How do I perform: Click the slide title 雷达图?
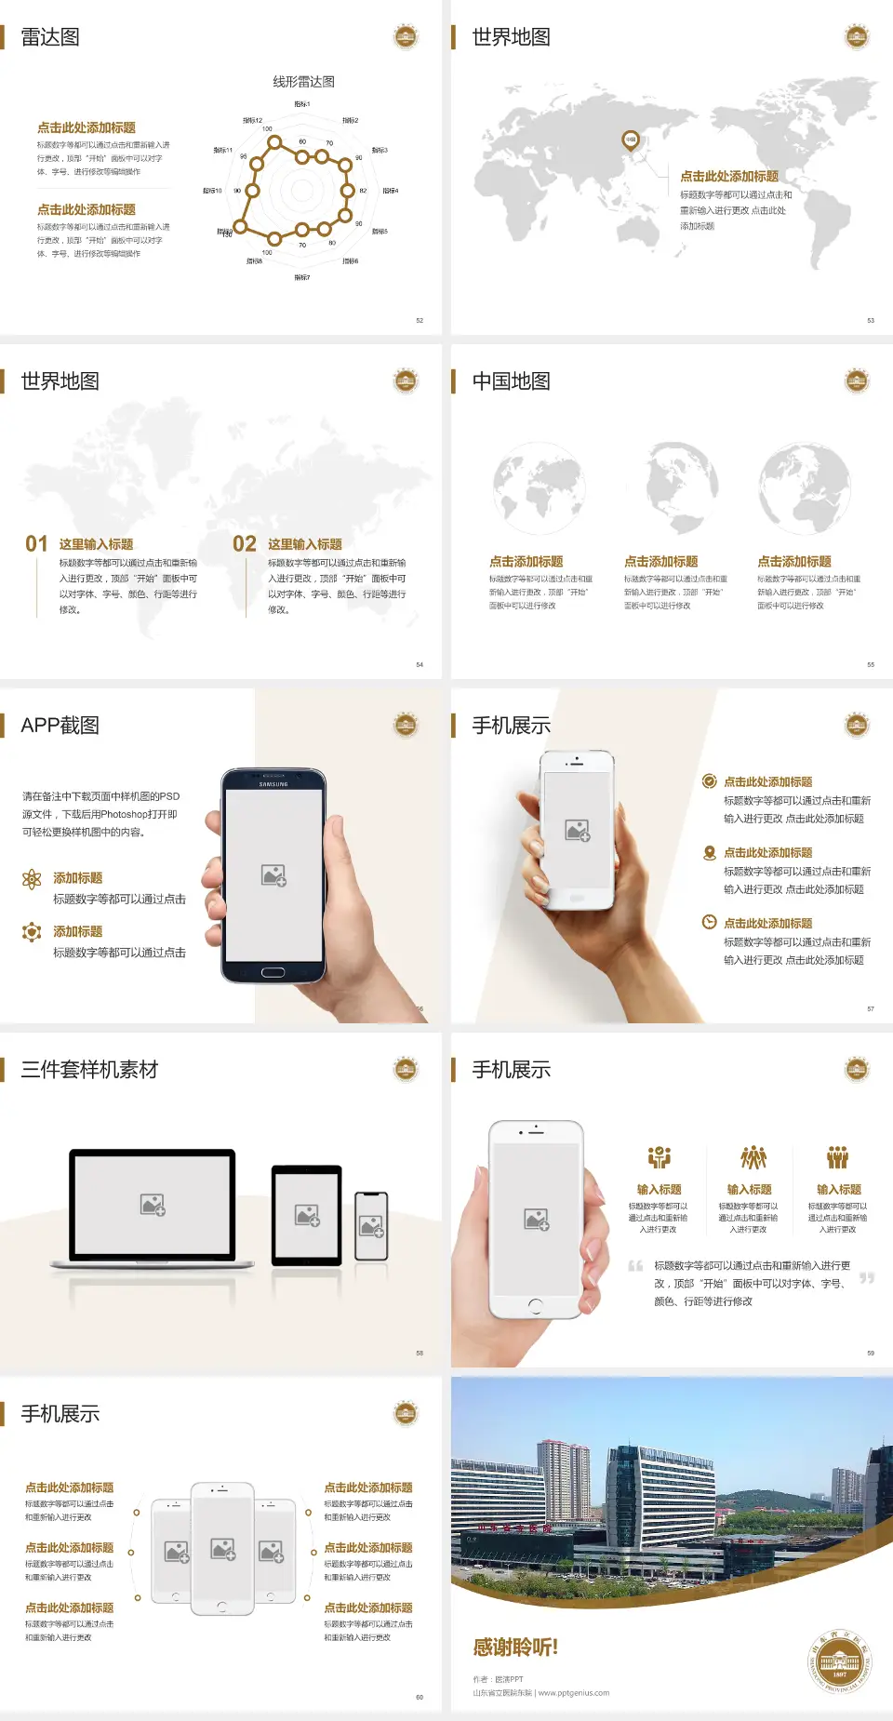point(50,37)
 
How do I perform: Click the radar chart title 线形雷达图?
point(303,82)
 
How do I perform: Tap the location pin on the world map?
point(630,140)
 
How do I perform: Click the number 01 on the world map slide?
point(36,544)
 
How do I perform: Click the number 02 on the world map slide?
point(244,544)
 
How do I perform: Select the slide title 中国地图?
point(511,381)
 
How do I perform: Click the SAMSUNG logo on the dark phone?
point(273,784)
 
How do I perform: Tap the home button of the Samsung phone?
point(273,972)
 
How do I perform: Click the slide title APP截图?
point(60,726)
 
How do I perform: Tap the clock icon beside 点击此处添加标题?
point(709,922)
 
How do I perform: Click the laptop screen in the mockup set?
point(153,1205)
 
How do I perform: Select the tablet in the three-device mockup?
point(307,1214)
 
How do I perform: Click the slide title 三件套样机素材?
point(89,1070)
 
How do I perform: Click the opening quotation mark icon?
point(635,1266)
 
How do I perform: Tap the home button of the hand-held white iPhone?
point(535,1306)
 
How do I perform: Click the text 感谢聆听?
point(515,1648)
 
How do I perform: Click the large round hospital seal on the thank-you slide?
point(839,1662)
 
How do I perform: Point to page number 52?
point(420,320)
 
